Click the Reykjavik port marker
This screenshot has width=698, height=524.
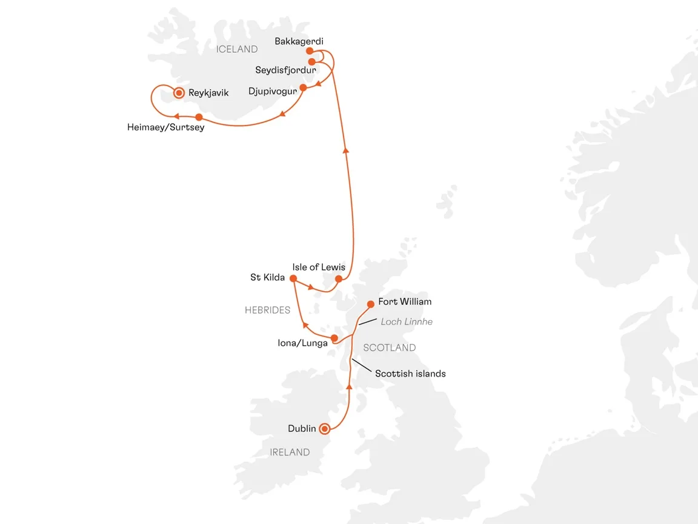tap(179, 93)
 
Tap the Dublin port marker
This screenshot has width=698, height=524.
tap(325, 429)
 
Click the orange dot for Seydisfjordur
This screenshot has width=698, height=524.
tap(311, 62)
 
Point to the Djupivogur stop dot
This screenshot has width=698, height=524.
tap(304, 87)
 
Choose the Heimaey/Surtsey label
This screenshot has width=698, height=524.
tap(165, 128)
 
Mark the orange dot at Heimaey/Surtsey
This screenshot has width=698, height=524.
tap(199, 117)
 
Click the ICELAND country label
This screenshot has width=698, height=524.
tap(237, 49)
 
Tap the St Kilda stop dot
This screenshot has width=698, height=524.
tap(293, 279)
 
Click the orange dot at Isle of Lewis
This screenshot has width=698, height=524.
tap(339, 279)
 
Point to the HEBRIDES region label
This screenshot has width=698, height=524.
tap(267, 310)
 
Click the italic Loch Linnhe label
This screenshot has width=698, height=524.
tap(406, 321)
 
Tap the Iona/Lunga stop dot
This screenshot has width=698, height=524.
tap(334, 337)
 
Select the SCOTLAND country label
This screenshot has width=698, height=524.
tap(389, 348)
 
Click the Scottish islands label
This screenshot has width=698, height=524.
tap(410, 374)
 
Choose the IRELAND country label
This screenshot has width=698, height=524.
tap(290, 452)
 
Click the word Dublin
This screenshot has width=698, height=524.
tap(302, 429)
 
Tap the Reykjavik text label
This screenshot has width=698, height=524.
tap(208, 93)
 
